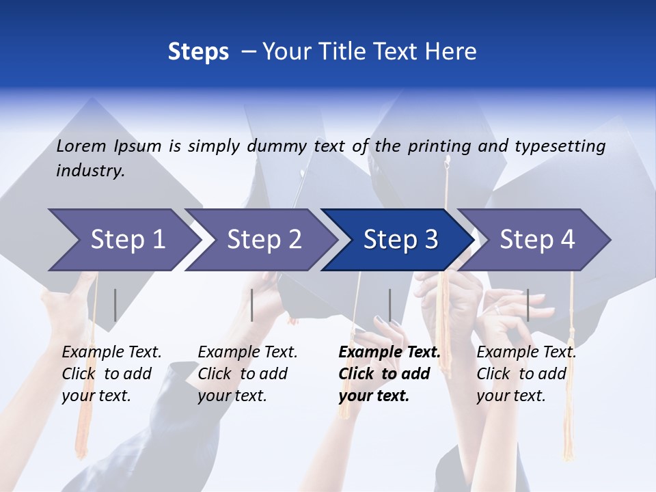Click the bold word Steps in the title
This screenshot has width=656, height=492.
(198, 52)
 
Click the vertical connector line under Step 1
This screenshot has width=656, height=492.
(115, 305)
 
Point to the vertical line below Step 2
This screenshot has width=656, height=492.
(252, 305)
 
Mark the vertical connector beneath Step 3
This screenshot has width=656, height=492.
(390, 305)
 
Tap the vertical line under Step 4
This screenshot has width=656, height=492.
(528, 305)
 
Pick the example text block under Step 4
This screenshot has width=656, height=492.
(526, 374)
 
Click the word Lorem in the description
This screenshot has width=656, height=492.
(81, 146)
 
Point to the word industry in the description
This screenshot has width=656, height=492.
(90, 171)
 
